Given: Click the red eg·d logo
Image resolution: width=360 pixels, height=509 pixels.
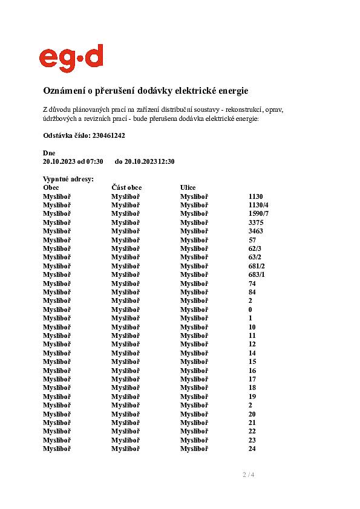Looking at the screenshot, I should pos(71,58).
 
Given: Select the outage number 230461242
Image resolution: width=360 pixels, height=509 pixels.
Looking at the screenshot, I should pos(109,135).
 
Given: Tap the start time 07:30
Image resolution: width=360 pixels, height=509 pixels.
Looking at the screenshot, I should pos(95,161).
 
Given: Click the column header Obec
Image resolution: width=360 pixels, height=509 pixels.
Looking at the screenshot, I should pos(51,187).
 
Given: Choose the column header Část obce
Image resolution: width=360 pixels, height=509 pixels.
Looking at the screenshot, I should pos(126,187).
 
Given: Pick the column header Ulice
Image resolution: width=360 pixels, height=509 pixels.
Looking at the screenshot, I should pos(188,187).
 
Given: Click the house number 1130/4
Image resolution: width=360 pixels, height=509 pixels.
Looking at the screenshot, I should pos(258,205).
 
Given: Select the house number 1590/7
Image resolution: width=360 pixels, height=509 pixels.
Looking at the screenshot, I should pos(258,213).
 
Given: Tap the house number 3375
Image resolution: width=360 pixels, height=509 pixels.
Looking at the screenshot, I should pos(256,222).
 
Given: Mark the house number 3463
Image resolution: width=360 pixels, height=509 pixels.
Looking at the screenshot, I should pos(256,231).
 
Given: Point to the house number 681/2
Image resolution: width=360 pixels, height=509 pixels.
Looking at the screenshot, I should pos(257,266).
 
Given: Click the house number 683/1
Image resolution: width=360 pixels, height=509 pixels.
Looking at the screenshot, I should pos(257,274).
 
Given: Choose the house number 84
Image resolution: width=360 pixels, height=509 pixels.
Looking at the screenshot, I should pos(252,292).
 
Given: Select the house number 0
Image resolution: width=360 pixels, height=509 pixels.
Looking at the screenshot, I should pos(250,310).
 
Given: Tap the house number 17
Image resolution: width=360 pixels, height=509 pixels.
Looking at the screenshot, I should pos(252,379).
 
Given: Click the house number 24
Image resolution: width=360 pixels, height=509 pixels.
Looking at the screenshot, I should pos(252,449).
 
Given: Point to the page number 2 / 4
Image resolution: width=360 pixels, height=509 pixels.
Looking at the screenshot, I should pos(248,475).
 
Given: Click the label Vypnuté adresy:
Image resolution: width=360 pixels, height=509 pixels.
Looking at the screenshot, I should pos(68,180).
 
